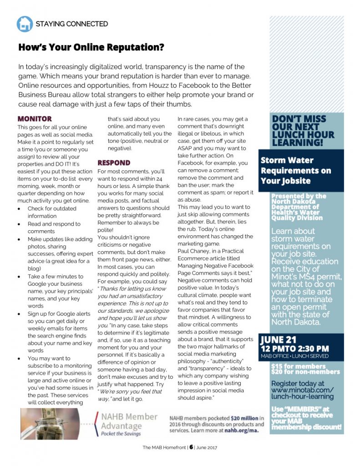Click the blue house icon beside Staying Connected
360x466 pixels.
(x=25, y=24)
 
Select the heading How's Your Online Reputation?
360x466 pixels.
(x=91, y=47)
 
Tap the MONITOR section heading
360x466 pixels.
(x=35, y=119)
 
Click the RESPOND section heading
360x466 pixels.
(x=114, y=162)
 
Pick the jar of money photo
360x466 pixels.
(x=50, y=424)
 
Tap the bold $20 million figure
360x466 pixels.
(x=243, y=418)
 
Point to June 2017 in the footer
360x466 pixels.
(x=207, y=447)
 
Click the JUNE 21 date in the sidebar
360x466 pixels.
(x=279, y=339)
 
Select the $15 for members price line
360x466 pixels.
(x=298, y=366)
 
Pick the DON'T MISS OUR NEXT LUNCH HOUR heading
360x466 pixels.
(x=303, y=131)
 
